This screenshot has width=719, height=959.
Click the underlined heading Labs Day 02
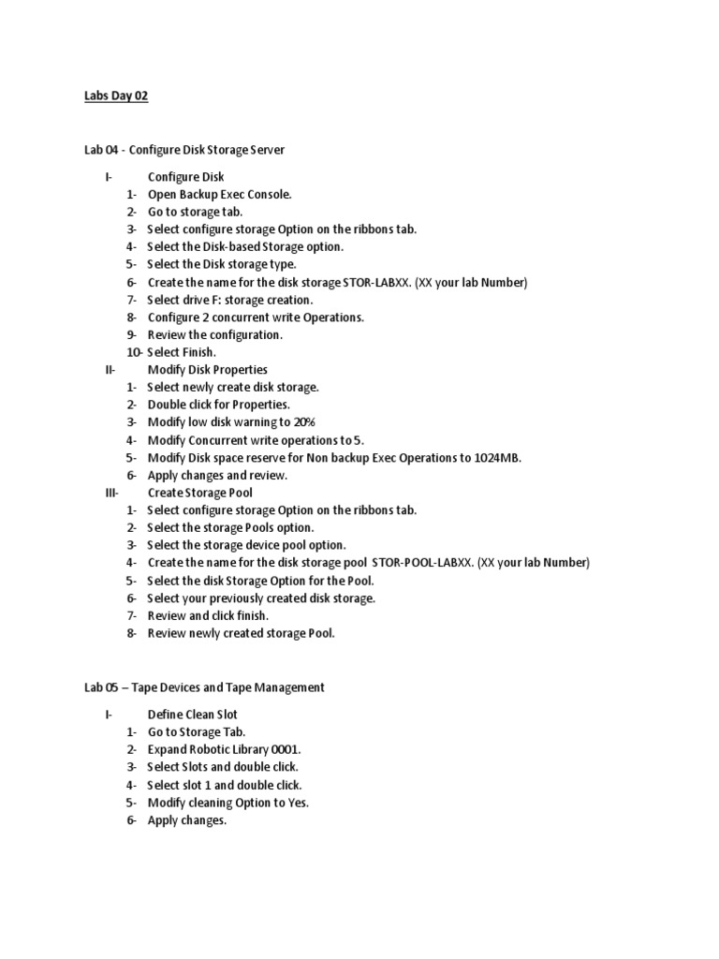(x=116, y=96)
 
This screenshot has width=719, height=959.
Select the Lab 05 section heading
(x=204, y=687)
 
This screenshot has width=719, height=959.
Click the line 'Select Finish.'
(x=182, y=352)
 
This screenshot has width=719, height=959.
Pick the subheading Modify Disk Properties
(x=208, y=370)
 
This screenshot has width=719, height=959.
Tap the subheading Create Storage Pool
(x=200, y=493)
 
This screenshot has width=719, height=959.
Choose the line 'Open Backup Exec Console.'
(x=220, y=195)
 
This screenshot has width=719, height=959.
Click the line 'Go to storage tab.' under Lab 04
(x=195, y=213)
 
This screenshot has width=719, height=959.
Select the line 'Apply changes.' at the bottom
(x=187, y=820)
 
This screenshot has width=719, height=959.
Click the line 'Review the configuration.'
(x=214, y=334)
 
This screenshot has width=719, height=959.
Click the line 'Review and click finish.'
(x=208, y=615)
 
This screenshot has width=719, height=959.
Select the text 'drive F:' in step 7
(x=204, y=300)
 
